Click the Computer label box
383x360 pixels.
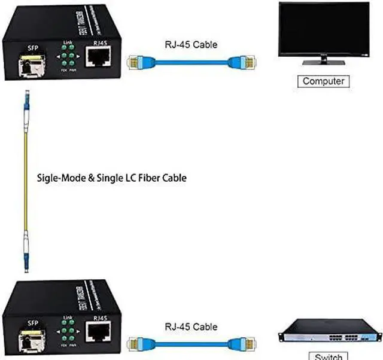[323, 81]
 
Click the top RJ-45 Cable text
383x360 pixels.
[183, 44]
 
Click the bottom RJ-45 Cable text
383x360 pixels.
[183, 327]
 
